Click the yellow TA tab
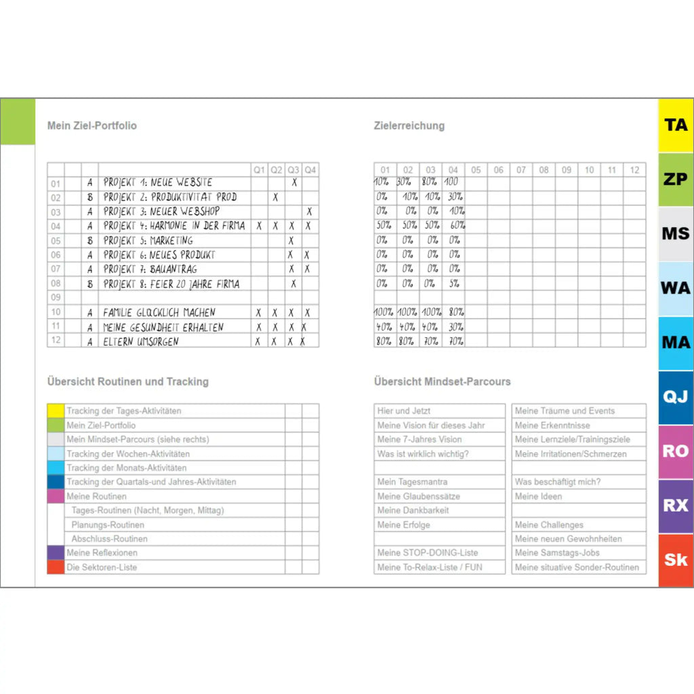coord(676,125)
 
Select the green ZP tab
coord(676,180)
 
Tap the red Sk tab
coord(676,560)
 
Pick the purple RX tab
coord(676,506)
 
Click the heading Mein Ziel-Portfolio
coord(92,125)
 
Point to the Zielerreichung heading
coord(409,125)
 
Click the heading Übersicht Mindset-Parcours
coord(443,382)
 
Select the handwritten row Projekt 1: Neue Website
coord(158,182)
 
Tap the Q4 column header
coord(310,169)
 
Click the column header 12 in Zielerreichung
coord(634,170)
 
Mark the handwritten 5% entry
coord(453,284)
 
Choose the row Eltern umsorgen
coord(141,342)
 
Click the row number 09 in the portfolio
coord(56,297)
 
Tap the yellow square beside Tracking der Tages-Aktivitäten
coord(56,411)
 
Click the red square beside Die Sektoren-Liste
coord(56,567)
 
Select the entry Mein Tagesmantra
coord(412,482)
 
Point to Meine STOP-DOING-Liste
coord(427,553)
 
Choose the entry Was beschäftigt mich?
coord(557,482)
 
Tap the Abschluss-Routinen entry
coord(109,539)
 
